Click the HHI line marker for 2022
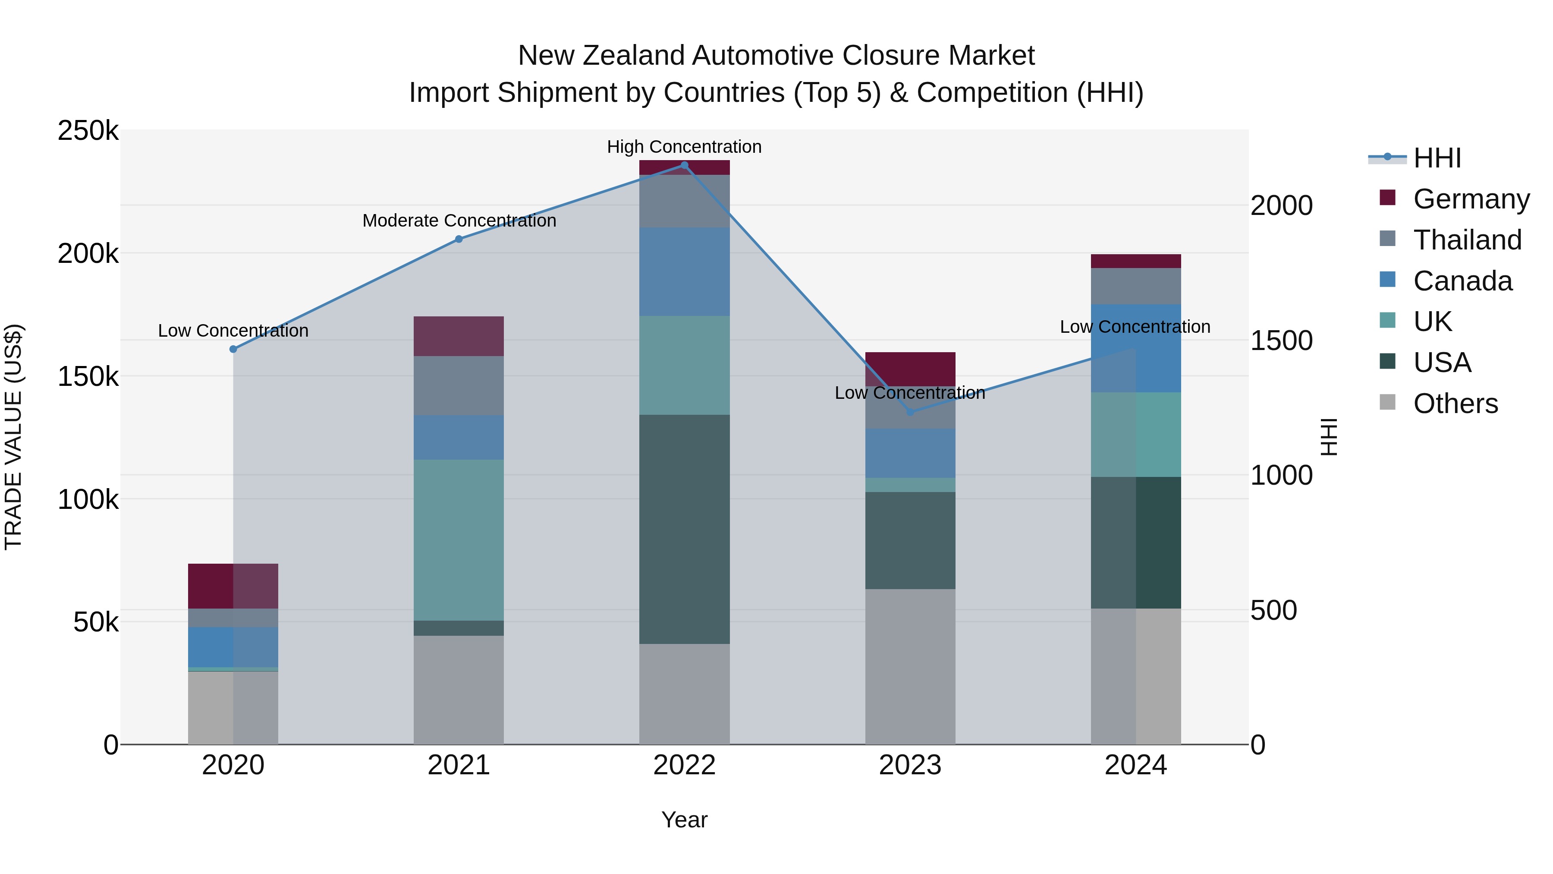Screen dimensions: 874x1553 [684, 165]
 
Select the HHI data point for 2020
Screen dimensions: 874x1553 [233, 349]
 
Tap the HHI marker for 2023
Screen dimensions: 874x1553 [910, 412]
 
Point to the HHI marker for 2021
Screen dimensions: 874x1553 [459, 239]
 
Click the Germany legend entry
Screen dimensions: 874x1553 [1471, 199]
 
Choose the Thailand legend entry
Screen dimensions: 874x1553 [1468, 240]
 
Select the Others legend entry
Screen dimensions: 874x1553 [1456, 404]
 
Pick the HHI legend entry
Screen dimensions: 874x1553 [1437, 158]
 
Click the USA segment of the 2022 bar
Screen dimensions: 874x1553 [684, 529]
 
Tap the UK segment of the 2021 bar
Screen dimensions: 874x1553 [459, 540]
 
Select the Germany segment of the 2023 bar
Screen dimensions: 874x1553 [910, 369]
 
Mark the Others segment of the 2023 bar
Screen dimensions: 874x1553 [910, 666]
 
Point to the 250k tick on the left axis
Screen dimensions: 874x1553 [88, 131]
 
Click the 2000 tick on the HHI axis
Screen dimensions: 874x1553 [1281, 206]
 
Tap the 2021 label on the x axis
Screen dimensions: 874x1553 [459, 765]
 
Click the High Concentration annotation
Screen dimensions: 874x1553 [684, 147]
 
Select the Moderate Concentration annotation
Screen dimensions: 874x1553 [459, 221]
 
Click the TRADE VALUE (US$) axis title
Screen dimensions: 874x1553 [13, 437]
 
